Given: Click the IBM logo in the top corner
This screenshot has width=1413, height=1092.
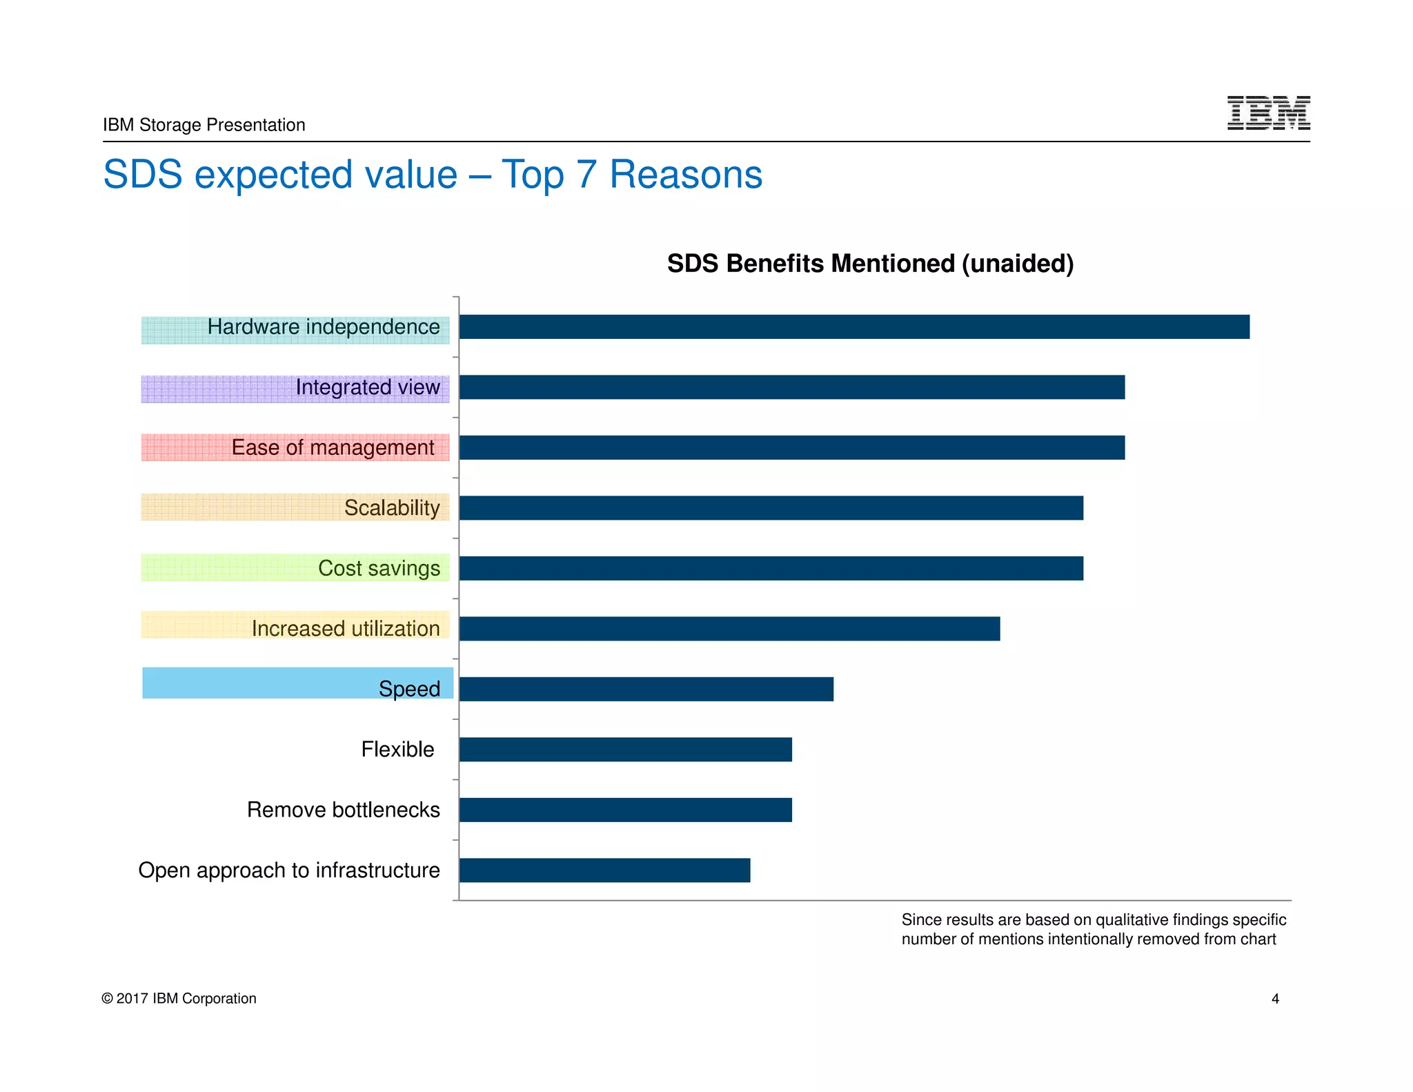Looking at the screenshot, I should (x=1268, y=113).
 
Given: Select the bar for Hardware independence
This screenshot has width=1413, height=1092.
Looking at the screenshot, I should (x=854, y=326).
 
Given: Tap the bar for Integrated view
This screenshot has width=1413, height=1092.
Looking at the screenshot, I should (x=792, y=387).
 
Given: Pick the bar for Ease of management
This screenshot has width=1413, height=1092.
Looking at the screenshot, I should (x=792, y=447).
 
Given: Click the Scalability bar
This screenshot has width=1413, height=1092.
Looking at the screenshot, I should (x=771, y=508).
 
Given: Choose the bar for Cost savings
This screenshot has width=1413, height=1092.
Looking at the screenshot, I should (x=771, y=568).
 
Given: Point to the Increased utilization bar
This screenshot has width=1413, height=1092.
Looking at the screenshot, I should (x=729, y=629).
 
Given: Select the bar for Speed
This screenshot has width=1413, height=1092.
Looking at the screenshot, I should (x=646, y=689).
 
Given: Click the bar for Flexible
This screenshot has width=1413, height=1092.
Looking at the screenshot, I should (x=626, y=750).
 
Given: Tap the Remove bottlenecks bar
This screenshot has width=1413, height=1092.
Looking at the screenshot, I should (x=626, y=810).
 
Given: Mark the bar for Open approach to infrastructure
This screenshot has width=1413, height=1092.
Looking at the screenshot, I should (x=604, y=870).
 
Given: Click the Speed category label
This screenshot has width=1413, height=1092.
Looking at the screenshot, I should (x=409, y=689).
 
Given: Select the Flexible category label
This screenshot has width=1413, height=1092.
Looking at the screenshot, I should (x=397, y=750).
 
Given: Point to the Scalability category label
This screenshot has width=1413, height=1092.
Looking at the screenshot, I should (x=392, y=508).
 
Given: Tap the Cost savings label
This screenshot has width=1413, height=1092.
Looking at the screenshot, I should (x=379, y=568).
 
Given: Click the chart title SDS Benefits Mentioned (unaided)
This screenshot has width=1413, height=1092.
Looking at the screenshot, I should (x=870, y=264).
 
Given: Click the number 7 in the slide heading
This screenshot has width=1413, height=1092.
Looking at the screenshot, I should (x=586, y=175).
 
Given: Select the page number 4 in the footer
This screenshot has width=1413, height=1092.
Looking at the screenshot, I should (x=1275, y=999).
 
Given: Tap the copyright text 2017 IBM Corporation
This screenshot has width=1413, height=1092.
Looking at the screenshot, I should (x=179, y=999).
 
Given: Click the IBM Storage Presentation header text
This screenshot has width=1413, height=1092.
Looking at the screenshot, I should (x=204, y=125).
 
